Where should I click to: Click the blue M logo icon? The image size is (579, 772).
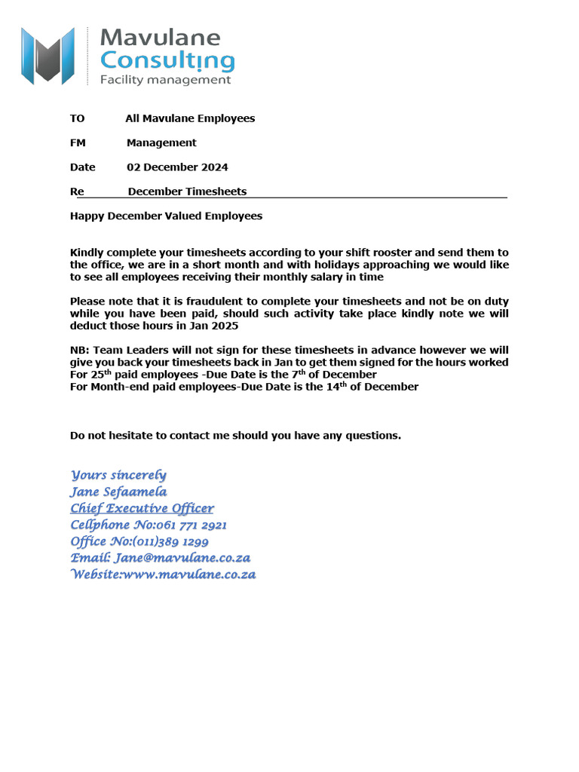pyautogui.click(x=47, y=55)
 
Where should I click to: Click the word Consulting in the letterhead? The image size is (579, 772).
pyautogui.click(x=167, y=60)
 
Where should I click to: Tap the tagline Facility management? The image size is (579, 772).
pyautogui.click(x=165, y=80)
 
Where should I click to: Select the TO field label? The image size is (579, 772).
pyautogui.click(x=77, y=118)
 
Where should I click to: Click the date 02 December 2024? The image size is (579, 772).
pyautogui.click(x=177, y=167)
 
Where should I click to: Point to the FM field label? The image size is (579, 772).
pyautogui.click(x=78, y=143)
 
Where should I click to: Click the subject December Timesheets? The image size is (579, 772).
pyautogui.click(x=187, y=191)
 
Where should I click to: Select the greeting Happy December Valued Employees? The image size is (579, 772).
pyautogui.click(x=166, y=216)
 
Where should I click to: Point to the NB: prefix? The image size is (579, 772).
pyautogui.click(x=80, y=351)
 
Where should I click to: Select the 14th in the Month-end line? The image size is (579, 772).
pyautogui.click(x=354, y=386)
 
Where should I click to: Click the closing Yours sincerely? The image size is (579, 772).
pyautogui.click(x=118, y=475)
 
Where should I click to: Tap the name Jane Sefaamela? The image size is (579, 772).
pyautogui.click(x=118, y=492)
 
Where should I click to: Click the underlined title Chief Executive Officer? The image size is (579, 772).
pyautogui.click(x=142, y=508)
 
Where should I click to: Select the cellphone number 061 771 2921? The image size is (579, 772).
pyautogui.click(x=191, y=525)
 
